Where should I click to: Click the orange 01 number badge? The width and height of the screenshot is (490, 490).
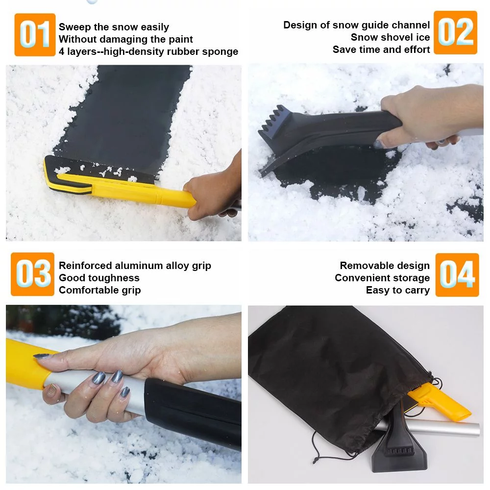(35, 35)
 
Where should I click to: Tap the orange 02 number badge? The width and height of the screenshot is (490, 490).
(455, 32)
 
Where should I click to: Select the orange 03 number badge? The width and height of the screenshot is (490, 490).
(32, 274)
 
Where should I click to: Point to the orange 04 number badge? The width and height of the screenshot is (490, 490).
(457, 275)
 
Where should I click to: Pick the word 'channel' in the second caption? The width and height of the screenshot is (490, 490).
(411, 25)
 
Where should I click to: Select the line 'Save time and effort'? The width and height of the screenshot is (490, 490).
(381, 49)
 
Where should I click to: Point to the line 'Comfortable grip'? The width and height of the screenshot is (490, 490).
(99, 290)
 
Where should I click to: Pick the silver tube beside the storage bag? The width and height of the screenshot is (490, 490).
(441, 429)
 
